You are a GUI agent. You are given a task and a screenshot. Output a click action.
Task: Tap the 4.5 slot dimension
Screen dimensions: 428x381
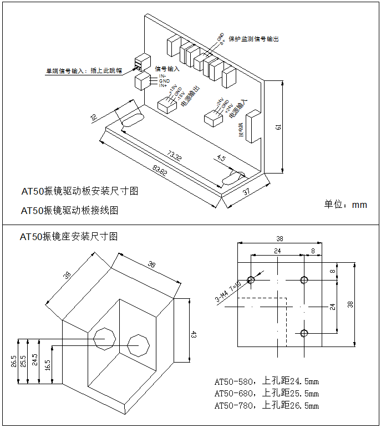pyautogui.click(x=221, y=159)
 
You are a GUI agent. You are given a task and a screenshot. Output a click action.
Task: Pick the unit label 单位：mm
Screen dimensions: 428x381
pyautogui.click(x=346, y=205)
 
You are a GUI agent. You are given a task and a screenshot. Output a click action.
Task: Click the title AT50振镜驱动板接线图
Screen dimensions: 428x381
pyautogui.click(x=69, y=211)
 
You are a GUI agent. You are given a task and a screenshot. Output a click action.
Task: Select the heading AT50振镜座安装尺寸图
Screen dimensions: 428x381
pyautogui.click(x=69, y=237)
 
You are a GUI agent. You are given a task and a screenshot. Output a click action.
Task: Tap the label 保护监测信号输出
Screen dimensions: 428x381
pyautogui.click(x=253, y=39)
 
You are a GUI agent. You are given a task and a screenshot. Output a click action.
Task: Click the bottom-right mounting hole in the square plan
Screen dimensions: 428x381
pyautogui.click(x=303, y=333)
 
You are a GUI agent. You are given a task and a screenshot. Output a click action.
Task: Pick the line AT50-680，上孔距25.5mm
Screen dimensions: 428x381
pyautogui.click(x=266, y=394)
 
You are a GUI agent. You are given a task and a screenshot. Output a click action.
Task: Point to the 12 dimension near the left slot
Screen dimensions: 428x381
pyautogui.click(x=93, y=117)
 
